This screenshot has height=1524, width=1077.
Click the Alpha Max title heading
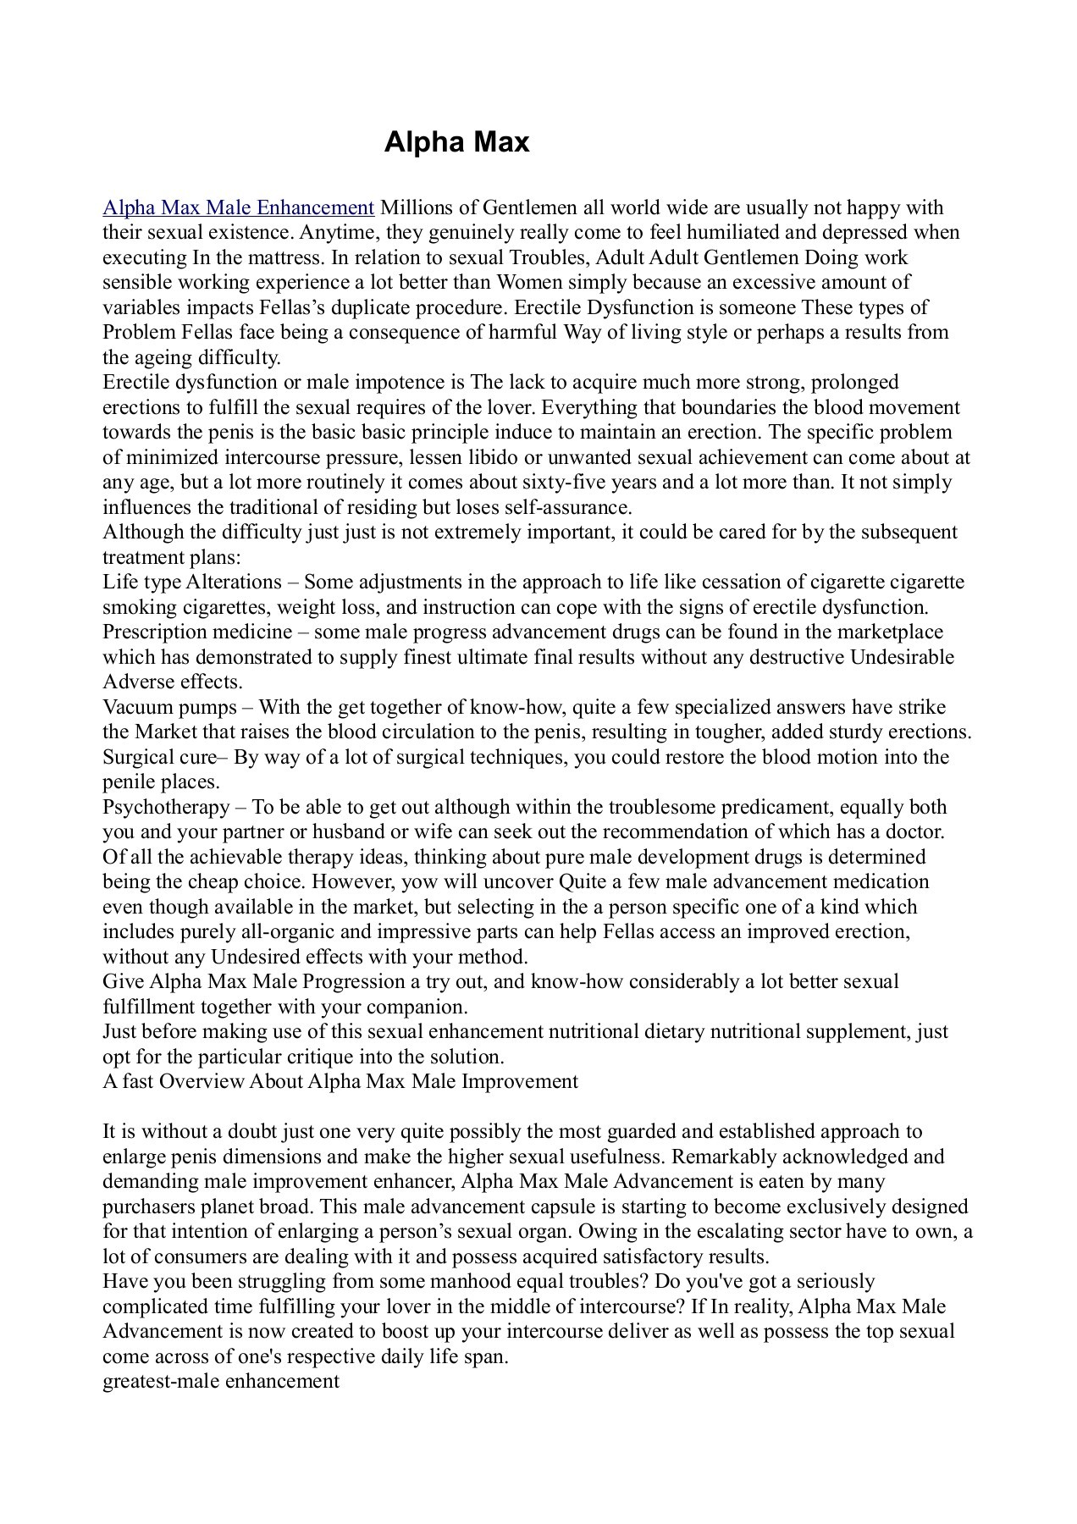point(456,142)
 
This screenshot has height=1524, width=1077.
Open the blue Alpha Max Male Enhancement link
point(238,207)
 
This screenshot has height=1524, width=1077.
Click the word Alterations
point(234,583)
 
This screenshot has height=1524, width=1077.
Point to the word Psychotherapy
point(166,807)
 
